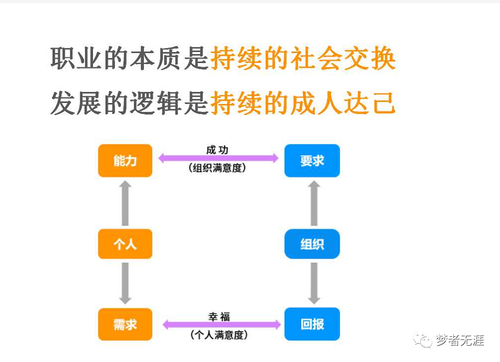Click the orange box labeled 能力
[125, 160]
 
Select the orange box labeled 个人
[125, 244]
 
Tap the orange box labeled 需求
[125, 324]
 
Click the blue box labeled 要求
[312, 160]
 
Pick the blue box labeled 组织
[312, 244]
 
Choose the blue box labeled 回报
[312, 324]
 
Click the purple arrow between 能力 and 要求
[218, 158]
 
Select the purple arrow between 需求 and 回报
[222, 325]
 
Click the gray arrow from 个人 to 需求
[125, 283]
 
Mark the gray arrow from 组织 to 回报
[314, 283]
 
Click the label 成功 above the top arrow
[217, 150]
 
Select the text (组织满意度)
[217, 169]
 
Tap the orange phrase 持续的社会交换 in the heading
[303, 58]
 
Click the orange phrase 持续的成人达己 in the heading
[303, 102]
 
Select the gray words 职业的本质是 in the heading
[130, 58]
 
